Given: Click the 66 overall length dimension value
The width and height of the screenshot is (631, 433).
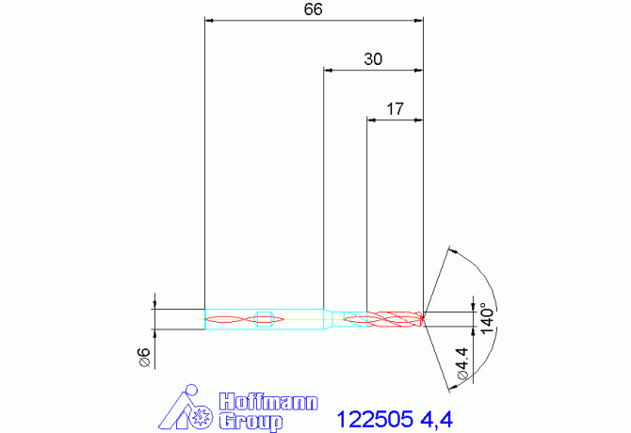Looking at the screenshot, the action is pyautogui.click(x=313, y=9).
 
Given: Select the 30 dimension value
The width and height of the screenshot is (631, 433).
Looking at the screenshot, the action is pyautogui.click(x=373, y=59).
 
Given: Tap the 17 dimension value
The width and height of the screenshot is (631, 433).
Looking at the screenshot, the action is pyautogui.click(x=395, y=109).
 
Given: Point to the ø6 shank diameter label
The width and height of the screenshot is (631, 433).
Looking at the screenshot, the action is pyautogui.click(x=144, y=358).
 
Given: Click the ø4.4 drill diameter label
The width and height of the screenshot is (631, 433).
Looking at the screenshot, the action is pyautogui.click(x=462, y=364).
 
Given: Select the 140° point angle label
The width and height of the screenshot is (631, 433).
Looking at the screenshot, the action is pyautogui.click(x=487, y=318).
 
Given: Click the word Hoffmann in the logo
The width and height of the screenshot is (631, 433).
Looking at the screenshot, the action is pyautogui.click(x=268, y=402).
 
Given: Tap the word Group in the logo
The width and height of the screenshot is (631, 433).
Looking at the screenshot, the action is pyautogui.click(x=251, y=422).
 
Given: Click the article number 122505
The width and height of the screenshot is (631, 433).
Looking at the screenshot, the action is pyautogui.click(x=375, y=419).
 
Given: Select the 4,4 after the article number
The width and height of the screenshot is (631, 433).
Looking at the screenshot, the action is pyautogui.click(x=437, y=420).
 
